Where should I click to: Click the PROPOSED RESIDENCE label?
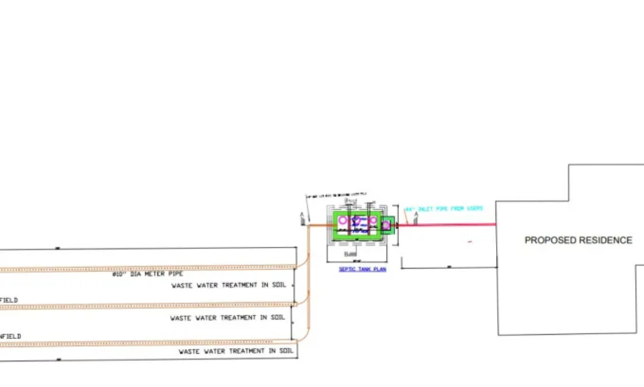click(x=578, y=240)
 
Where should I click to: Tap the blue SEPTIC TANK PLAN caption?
click(x=362, y=269)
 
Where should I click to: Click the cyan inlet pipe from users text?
click(x=444, y=209)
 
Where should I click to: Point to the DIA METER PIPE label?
click(x=148, y=274)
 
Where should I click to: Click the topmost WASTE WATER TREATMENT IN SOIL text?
click(x=229, y=285)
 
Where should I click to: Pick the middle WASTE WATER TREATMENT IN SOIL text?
click(x=227, y=318)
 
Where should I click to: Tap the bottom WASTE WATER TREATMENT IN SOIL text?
click(x=236, y=351)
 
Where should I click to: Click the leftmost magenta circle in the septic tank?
click(x=342, y=220)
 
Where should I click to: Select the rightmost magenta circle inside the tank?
click(x=373, y=220)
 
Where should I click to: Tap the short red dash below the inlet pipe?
click(x=470, y=241)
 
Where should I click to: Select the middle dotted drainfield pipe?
click(x=148, y=306)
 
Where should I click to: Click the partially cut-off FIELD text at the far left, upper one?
click(x=9, y=300)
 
